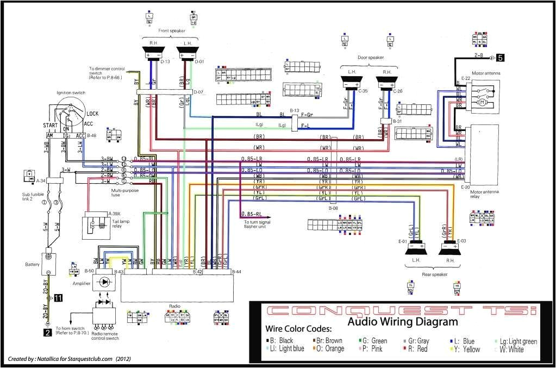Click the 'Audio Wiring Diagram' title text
pos(402,322)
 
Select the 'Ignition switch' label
pos(71,93)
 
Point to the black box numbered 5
pos(500,57)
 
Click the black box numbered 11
pos(58,297)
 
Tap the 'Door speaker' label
pos(370,57)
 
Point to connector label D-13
pos(166,61)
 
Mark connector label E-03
pos(462,241)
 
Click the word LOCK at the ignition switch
pos(92,114)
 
